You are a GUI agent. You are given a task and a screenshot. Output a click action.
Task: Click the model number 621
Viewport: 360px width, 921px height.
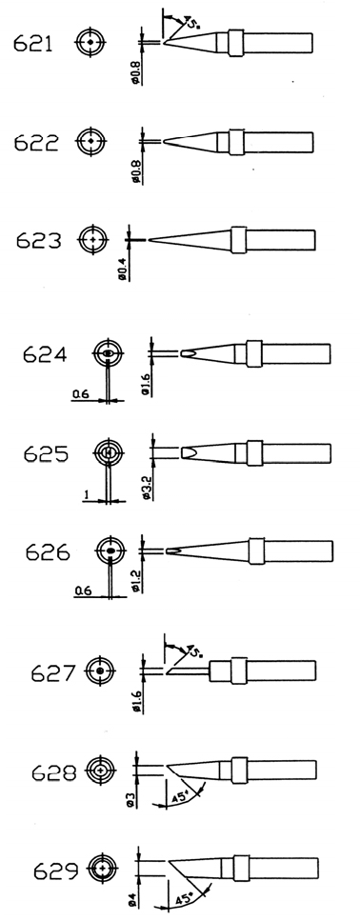coord(33,43)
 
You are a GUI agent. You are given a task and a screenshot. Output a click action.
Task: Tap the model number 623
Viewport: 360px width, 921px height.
coord(39,240)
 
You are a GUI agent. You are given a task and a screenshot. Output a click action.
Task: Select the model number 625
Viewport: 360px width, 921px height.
coord(46,454)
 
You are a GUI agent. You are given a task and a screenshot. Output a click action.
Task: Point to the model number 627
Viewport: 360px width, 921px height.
coord(53,672)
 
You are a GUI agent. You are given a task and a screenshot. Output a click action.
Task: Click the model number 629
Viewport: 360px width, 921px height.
coord(56,871)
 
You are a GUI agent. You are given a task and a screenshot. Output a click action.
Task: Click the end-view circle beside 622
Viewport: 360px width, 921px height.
coord(91,142)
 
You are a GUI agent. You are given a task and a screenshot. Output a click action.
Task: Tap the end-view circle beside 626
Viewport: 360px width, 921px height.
coord(110,551)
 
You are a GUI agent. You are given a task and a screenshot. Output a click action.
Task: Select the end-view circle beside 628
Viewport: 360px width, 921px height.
coord(102,770)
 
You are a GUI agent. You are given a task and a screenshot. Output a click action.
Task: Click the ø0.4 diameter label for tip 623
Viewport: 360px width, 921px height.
coord(123,270)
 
